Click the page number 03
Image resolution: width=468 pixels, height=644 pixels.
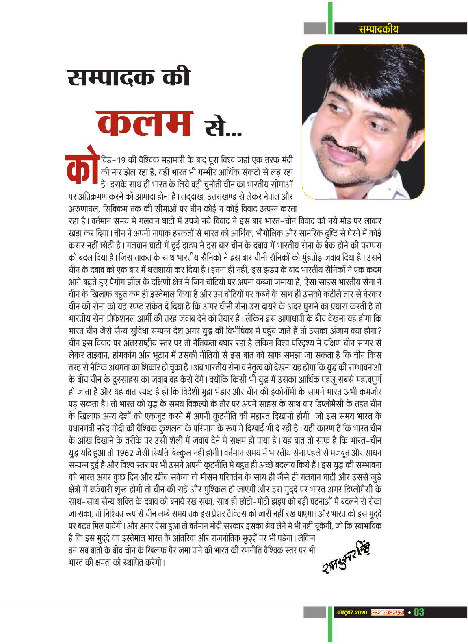pos(419,611)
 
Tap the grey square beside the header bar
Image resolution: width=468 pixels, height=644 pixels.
pos(315,28)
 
